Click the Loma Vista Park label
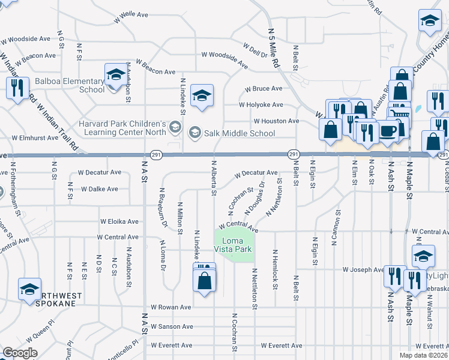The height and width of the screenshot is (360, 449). coord(234,244)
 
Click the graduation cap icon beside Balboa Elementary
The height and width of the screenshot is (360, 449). coord(116,75)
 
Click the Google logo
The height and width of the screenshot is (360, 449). coord(20,353)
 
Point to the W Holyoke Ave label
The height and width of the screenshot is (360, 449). coord(261,104)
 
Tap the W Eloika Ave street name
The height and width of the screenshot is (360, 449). coord(121,221)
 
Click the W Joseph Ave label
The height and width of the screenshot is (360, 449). coord(362,270)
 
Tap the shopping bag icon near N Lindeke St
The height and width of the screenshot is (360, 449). coord(205,281)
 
